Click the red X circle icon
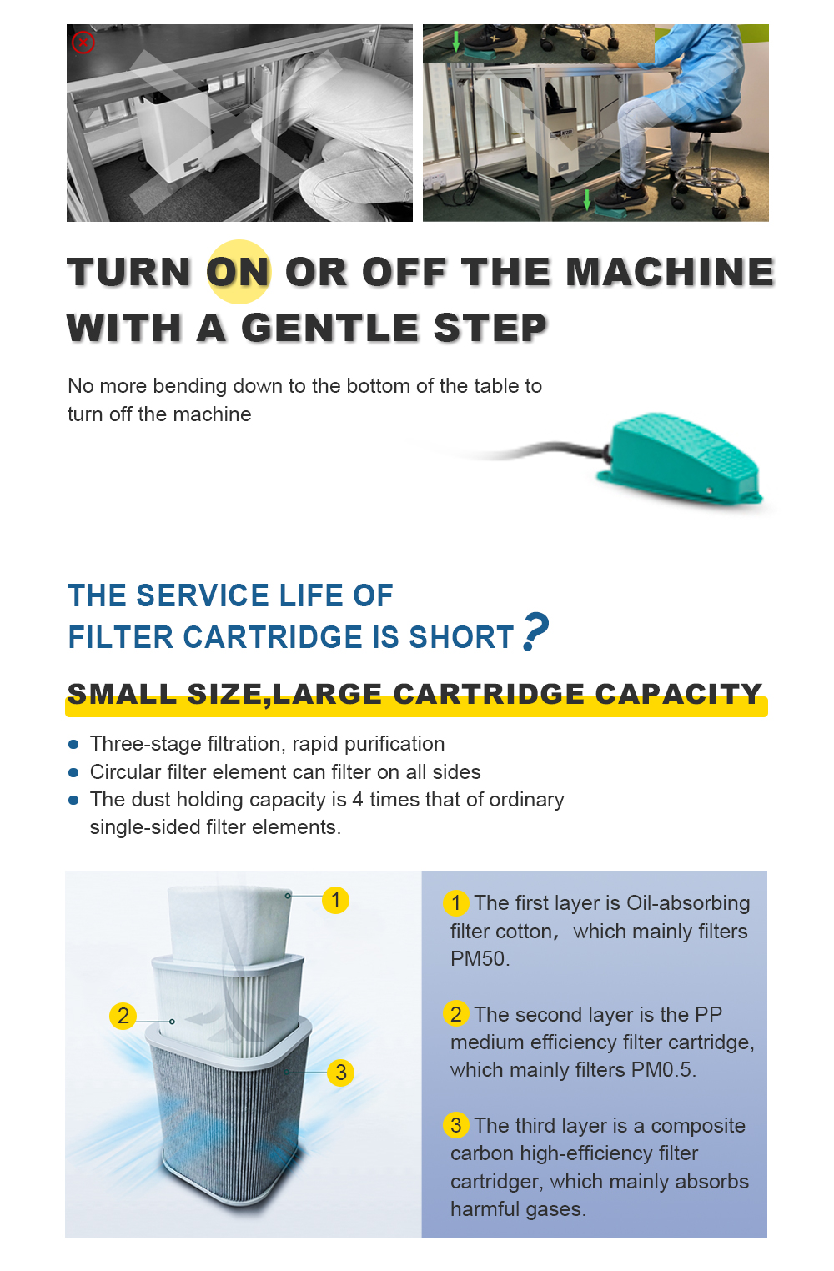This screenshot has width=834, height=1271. pyautogui.click(x=83, y=42)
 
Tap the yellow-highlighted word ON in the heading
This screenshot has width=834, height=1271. pyautogui.click(x=239, y=272)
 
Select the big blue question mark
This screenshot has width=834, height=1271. pyautogui.click(x=535, y=630)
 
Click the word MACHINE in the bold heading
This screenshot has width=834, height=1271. pyautogui.click(x=670, y=272)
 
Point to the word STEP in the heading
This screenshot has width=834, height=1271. pyautogui.click(x=490, y=328)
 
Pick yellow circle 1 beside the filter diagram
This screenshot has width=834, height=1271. pyautogui.click(x=335, y=900)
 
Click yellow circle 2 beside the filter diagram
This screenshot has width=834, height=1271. pyautogui.click(x=123, y=1016)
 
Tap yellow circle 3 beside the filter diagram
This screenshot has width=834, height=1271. pyautogui.click(x=340, y=1073)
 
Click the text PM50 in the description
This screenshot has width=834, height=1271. pyautogui.click(x=477, y=959)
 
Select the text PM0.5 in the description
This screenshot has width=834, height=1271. pyautogui.click(x=661, y=1069)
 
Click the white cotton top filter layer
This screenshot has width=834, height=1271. pyautogui.click(x=230, y=924)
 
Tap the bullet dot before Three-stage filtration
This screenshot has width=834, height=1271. pyautogui.click(x=73, y=745)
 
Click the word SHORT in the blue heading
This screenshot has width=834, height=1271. pyautogui.click(x=460, y=637)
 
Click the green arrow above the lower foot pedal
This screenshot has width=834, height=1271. pyautogui.click(x=587, y=199)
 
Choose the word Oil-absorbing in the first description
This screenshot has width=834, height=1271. pyautogui.click(x=688, y=902)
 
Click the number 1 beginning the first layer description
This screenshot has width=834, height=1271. pyautogui.click(x=455, y=902)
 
